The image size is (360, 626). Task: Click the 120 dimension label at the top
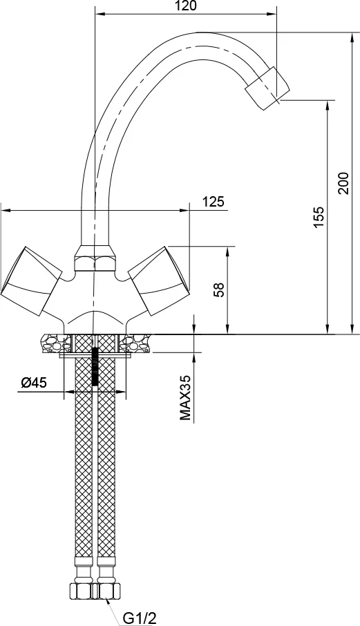[186, 6]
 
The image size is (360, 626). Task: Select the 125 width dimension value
[213, 202]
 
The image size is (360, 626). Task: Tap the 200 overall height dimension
[343, 183]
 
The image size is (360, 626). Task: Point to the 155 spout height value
[319, 217]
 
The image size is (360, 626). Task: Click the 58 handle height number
[219, 290]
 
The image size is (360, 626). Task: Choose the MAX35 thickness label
[186, 397]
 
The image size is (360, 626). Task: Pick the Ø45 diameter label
[34, 383]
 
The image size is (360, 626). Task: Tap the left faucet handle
[30, 280]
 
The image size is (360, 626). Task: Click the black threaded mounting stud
[95, 366]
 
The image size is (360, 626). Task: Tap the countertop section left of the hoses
[55, 343]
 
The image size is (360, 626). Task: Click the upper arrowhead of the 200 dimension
[352, 37]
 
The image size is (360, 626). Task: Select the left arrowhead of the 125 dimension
[6, 210]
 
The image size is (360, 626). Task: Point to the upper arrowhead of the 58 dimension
[227, 251]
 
